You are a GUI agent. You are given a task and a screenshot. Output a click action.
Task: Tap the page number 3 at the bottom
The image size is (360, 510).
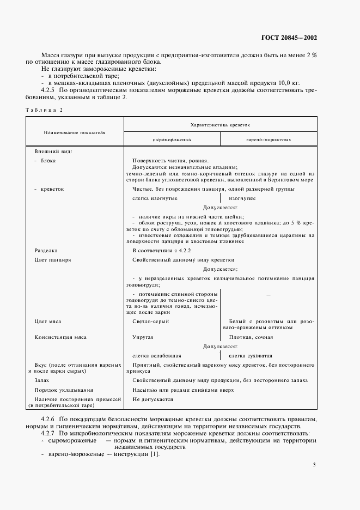(x=314, y=464)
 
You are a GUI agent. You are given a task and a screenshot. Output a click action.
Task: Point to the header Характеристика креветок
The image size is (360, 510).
(x=219, y=125)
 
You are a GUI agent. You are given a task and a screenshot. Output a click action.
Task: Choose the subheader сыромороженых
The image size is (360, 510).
(x=172, y=139)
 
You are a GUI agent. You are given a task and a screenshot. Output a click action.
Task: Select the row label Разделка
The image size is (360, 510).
(x=46, y=251)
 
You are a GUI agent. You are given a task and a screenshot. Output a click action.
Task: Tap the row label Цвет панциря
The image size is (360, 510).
(x=53, y=260)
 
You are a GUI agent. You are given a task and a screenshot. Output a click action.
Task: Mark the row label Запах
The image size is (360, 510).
(x=42, y=380)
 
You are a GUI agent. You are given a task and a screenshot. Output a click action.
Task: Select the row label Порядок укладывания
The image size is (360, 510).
(x=64, y=390)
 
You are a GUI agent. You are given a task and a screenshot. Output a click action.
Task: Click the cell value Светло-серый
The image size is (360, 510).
(x=150, y=321)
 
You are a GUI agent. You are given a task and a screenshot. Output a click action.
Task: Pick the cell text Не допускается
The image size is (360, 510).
(x=152, y=399)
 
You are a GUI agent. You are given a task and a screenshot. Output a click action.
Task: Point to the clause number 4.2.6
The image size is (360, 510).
(x=51, y=418)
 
